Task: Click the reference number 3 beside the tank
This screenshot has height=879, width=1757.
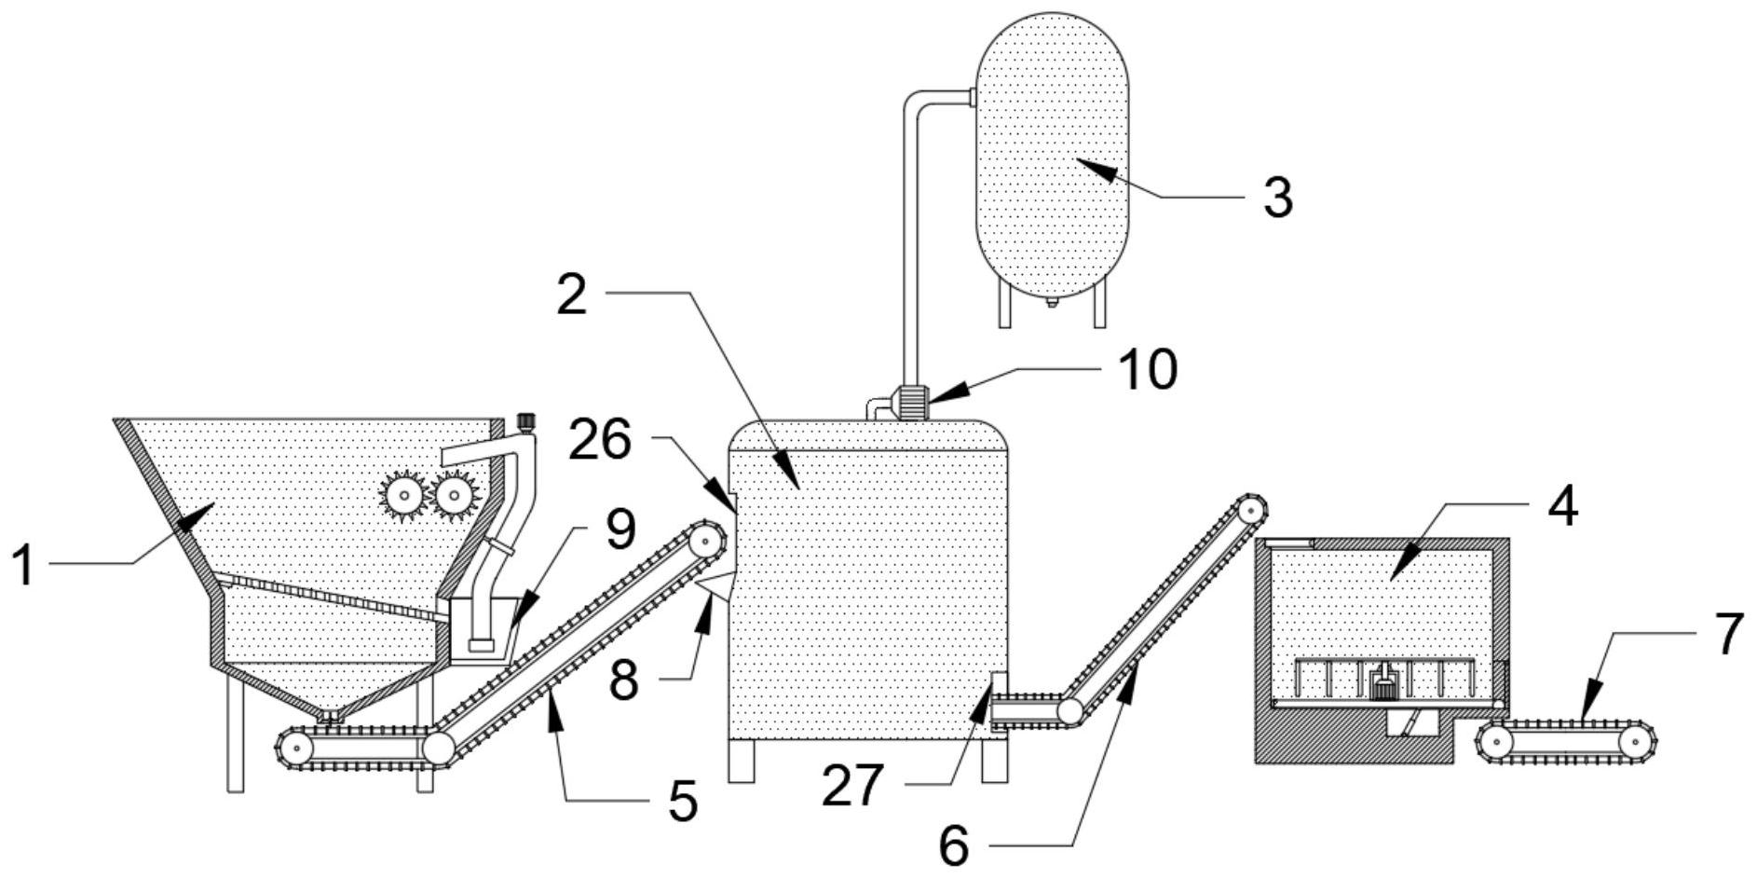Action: tap(1278, 198)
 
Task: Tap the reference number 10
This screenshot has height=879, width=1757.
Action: tap(1148, 369)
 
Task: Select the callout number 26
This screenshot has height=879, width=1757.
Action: tap(599, 440)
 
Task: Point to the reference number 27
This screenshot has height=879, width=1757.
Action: tap(851, 785)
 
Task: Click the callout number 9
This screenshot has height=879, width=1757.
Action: tap(620, 529)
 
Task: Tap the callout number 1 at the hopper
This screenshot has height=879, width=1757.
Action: tap(23, 566)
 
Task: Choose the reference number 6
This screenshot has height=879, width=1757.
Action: tap(953, 845)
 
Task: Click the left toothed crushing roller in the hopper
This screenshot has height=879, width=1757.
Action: tap(402, 493)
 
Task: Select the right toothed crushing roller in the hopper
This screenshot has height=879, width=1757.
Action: tap(455, 493)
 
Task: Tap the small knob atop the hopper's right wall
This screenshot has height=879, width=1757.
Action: tap(527, 420)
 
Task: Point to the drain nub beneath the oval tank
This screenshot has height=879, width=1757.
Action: tap(1051, 302)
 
